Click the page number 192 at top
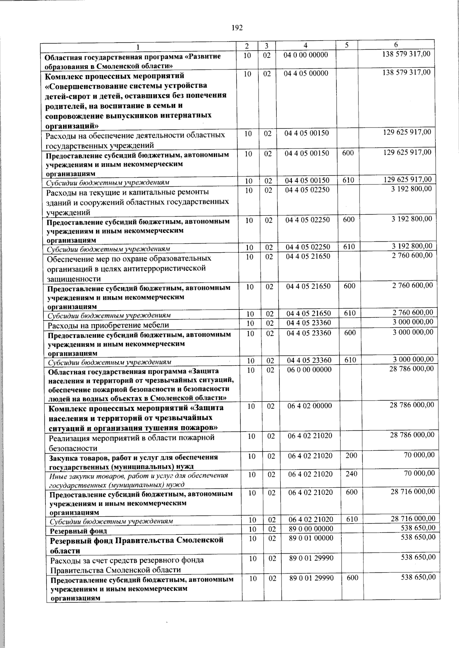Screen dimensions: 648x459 click(237, 27)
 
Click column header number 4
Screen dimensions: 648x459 click(305, 45)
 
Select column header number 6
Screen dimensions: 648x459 click(396, 45)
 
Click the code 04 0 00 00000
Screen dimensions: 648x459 click(306, 55)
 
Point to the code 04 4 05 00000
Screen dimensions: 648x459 click(306, 73)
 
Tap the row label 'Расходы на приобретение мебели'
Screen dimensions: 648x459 click(108, 325)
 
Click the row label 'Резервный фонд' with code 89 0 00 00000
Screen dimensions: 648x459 click(78, 531)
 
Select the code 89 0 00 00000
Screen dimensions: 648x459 click(311, 528)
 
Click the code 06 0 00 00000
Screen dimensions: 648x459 click(309, 369)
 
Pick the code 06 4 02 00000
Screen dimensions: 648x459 click(310, 406)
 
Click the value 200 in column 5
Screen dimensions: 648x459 click(351, 456)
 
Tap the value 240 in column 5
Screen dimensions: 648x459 click(351, 474)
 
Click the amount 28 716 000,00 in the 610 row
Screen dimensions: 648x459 click(413, 518)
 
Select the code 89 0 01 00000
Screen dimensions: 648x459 click(311, 538)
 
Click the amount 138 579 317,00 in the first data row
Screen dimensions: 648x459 click(406, 54)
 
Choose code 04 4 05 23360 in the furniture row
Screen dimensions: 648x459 click(309, 323)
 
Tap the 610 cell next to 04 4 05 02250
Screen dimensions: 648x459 click(349, 247)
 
